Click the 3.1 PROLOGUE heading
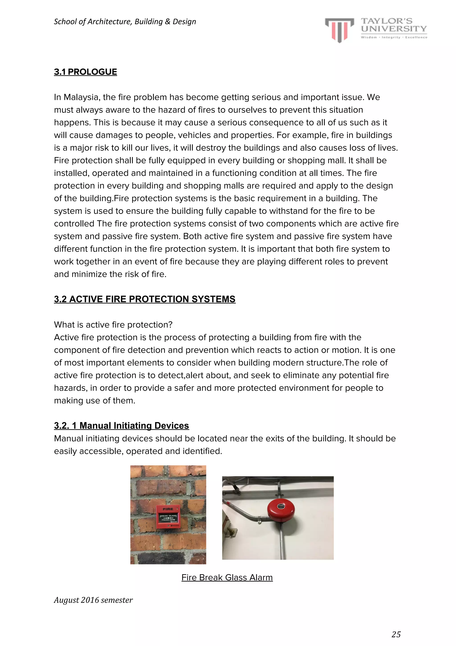[85, 72]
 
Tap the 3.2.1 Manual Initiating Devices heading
[121, 425]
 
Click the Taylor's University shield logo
[339, 30]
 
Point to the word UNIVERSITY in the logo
[394, 29]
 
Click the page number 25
[396, 634]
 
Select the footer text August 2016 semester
[93, 600]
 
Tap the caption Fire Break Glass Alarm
[227, 577]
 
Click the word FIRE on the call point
[168, 509]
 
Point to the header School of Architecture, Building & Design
[125, 22]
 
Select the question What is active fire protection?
[113, 325]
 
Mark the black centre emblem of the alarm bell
[281, 507]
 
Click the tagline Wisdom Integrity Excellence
[394, 37]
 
